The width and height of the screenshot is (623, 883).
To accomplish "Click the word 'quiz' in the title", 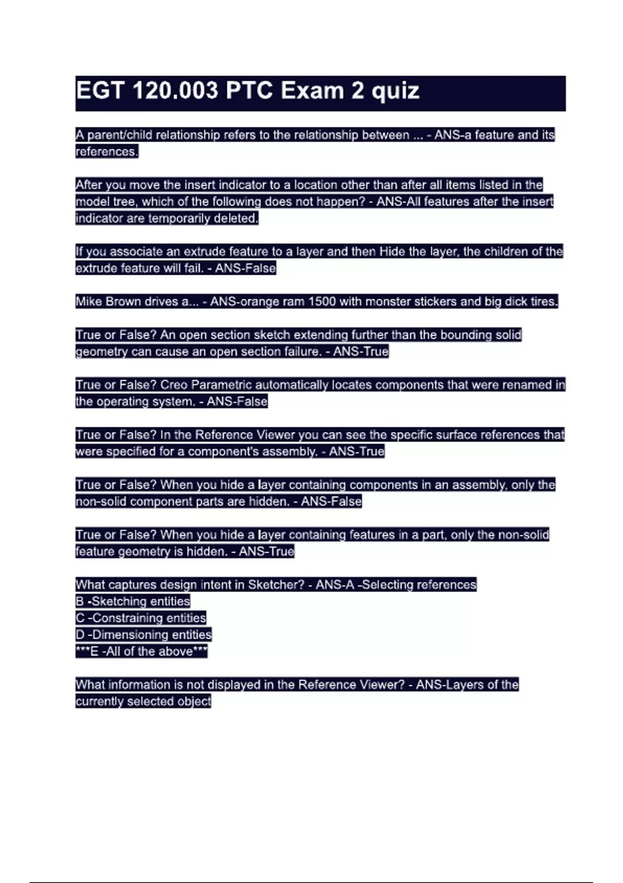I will [x=395, y=91].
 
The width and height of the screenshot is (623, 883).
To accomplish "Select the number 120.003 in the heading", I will [x=175, y=91].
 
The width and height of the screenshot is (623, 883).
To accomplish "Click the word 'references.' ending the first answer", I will [x=106, y=152].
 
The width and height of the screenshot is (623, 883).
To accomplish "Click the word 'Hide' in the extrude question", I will [x=392, y=251].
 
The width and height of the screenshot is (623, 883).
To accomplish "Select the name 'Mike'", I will [x=89, y=301].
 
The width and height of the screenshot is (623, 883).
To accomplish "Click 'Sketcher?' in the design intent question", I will [x=276, y=584].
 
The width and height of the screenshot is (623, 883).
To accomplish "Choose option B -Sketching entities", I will [x=133, y=601].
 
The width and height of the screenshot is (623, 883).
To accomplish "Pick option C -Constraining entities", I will [x=141, y=618].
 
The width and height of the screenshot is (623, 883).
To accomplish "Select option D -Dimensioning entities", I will [x=143, y=634].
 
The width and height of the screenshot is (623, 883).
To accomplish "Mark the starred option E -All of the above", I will [x=141, y=651].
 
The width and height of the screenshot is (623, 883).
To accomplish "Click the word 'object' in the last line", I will [x=194, y=701].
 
